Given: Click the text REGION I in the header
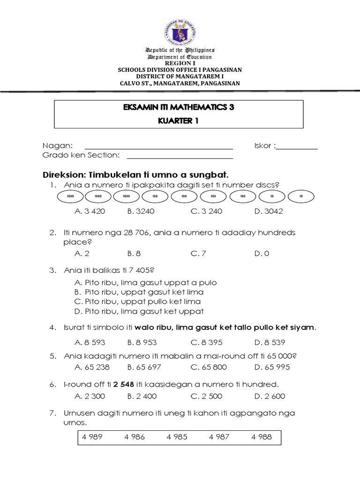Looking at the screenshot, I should coord(179,63).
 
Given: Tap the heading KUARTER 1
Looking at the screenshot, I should coord(179,120).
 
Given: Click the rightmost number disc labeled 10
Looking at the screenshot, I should coord(301,196).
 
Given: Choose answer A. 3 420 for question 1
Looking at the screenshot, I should coord(90,211).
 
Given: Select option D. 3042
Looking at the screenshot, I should coord(269,211).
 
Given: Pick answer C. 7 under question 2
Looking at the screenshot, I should coord(198,253).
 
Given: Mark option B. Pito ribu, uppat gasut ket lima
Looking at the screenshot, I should coord(139,292).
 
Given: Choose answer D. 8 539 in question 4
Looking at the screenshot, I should coord(270,342).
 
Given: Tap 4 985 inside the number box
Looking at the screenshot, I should coord(177,437).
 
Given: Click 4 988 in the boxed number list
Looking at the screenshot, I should coord(262,437).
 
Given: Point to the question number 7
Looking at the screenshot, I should coord(53,413).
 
